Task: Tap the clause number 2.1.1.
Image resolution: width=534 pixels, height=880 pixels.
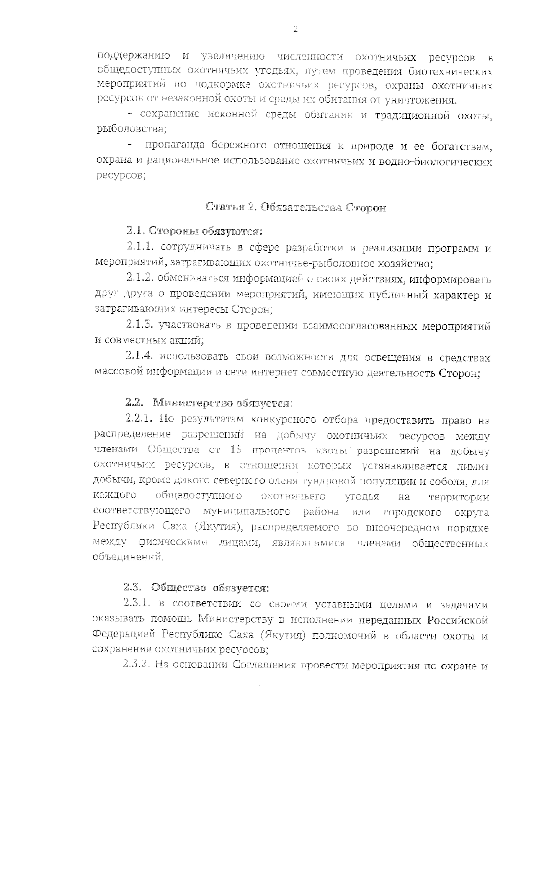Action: click(x=140, y=246)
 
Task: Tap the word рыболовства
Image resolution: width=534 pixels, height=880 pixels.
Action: click(x=131, y=129)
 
